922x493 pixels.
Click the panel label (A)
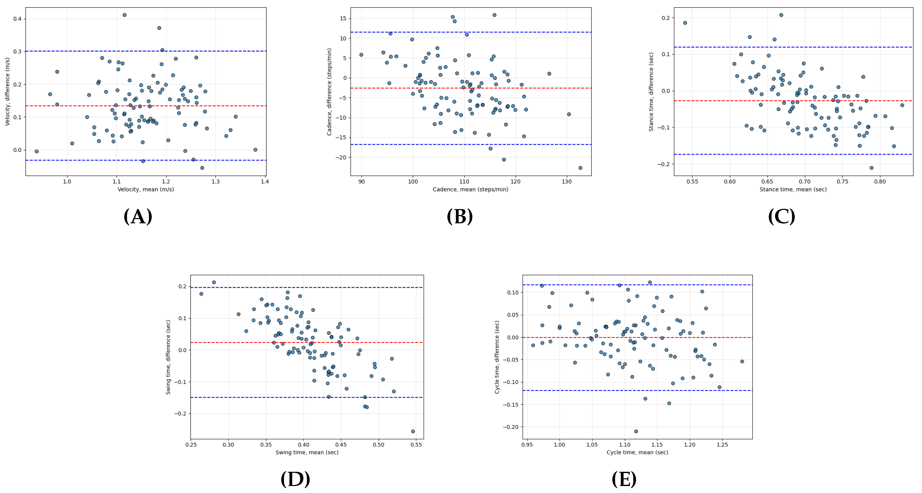[x=138, y=217]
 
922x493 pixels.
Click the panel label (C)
[x=781, y=217]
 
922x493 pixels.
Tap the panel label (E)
[x=624, y=480]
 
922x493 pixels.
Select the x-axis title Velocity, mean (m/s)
[x=146, y=189]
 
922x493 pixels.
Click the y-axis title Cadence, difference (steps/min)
[x=329, y=92]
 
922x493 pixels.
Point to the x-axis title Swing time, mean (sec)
[x=307, y=452]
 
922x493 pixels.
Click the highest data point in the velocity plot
[x=125, y=15]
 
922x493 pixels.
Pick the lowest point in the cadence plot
[x=580, y=168]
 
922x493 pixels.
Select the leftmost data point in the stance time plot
[x=685, y=23]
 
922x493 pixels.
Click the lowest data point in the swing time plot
[x=413, y=431]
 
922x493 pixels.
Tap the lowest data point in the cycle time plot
[x=636, y=431]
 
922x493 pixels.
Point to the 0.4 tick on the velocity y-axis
[x=17, y=19]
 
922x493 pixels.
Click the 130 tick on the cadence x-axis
[x=567, y=182]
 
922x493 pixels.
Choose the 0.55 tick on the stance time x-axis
[x=692, y=182]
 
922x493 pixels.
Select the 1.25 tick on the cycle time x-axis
[x=722, y=445]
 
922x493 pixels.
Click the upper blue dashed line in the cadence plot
[x=501, y=32]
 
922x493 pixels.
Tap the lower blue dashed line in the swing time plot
[x=251, y=397]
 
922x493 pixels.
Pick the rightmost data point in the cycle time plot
[x=742, y=361]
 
